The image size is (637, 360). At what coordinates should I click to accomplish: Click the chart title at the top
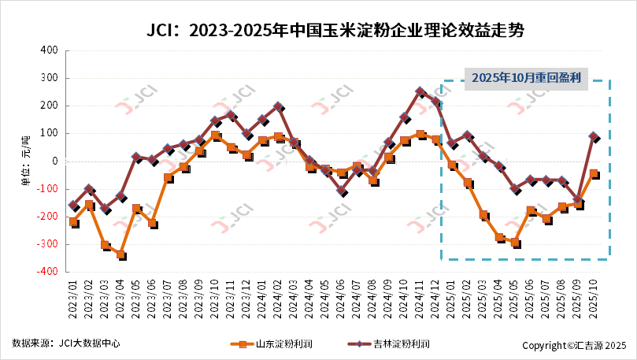click(335, 31)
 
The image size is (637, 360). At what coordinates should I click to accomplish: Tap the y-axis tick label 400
click(49, 50)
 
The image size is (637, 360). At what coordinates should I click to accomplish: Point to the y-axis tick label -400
click(47, 271)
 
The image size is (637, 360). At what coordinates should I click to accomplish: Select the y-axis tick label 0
click(54, 161)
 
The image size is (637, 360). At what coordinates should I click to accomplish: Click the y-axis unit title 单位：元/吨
click(25, 161)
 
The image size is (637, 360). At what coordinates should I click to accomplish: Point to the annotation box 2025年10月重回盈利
click(526, 77)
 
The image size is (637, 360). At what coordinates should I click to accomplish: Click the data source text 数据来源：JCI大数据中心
click(66, 344)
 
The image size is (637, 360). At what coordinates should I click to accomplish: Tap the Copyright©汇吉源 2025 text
click(574, 345)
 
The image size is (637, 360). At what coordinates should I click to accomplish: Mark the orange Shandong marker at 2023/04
click(120, 254)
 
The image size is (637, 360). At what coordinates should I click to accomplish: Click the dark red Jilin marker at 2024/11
click(420, 91)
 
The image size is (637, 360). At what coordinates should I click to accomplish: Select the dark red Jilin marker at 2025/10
click(594, 136)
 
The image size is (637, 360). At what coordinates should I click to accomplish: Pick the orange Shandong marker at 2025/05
click(515, 243)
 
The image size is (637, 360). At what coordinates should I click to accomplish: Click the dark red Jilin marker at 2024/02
click(278, 106)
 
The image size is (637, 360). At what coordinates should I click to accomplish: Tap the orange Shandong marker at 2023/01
click(73, 222)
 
